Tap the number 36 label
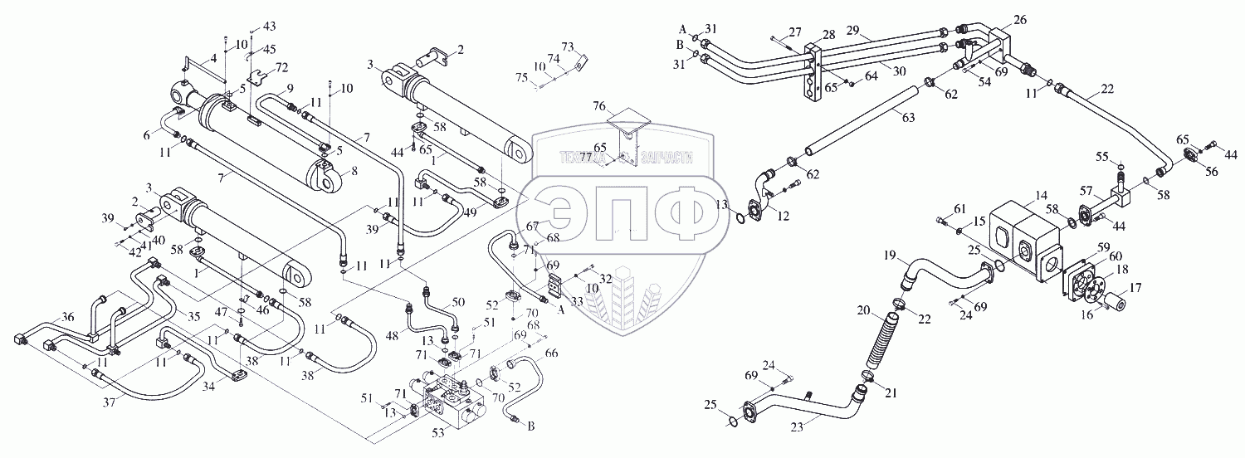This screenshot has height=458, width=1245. [68, 316]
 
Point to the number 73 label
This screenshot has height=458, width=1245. [568, 46]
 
